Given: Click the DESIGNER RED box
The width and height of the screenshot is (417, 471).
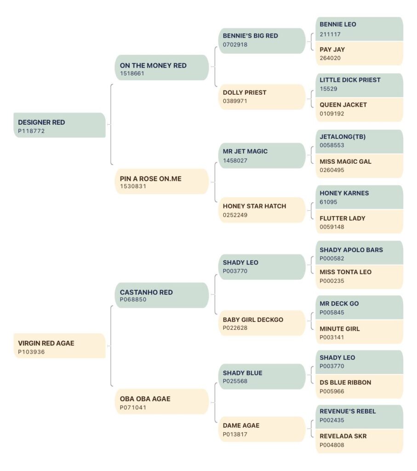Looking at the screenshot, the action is [59, 125].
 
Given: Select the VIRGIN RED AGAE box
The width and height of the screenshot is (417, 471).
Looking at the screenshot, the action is [59, 346].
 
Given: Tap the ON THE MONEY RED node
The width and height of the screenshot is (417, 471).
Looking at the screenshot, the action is [162, 68].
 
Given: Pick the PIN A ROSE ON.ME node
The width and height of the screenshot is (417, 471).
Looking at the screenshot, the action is [162, 181].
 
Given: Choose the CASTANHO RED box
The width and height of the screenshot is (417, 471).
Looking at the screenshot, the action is [162, 295].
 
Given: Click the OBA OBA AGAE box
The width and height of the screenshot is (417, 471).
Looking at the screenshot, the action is [162, 402].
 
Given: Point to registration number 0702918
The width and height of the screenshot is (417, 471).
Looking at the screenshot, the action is [235, 45].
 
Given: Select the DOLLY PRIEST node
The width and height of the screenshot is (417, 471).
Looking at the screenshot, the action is [262, 97].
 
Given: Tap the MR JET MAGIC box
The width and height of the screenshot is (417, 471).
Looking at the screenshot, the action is [262, 155].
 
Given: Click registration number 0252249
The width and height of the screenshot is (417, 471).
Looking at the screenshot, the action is [235, 215].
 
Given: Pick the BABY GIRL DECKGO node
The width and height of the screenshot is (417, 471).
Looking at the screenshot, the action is [262, 323].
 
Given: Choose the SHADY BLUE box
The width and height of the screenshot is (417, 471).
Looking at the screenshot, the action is [262, 377].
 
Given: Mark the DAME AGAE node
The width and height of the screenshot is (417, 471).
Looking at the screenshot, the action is [262, 429].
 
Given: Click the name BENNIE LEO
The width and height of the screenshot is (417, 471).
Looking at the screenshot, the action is [338, 24].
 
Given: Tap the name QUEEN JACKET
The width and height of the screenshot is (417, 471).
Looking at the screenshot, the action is [343, 105].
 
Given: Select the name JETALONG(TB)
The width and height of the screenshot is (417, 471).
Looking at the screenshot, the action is [343, 137].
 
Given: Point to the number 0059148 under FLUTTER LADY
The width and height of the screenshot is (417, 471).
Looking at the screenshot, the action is [332, 227].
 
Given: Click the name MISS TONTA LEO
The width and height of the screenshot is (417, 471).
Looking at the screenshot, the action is [346, 272].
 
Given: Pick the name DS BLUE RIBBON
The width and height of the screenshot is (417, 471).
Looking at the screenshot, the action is [345, 383].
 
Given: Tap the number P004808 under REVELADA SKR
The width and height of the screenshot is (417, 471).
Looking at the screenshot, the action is [332, 445].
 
